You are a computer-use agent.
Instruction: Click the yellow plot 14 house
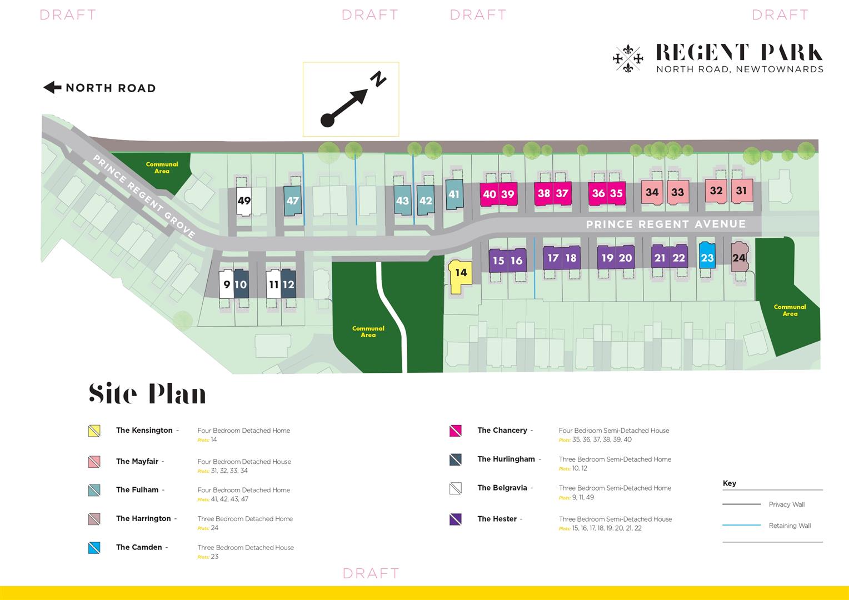pyautogui.click(x=460, y=276)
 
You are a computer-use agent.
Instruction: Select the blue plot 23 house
pyautogui.click(x=707, y=255)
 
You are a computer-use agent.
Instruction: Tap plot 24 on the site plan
pyautogui.click(x=740, y=257)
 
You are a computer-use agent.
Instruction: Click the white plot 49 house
pyautogui.click(x=244, y=201)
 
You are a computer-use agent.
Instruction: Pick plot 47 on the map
pyautogui.click(x=293, y=201)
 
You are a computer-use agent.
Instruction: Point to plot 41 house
pyautogui.click(x=454, y=194)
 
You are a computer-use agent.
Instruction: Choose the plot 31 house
pyautogui.click(x=742, y=191)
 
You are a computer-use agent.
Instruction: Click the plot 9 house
pyautogui.click(x=226, y=284)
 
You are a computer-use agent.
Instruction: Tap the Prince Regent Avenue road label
pyautogui.click(x=666, y=224)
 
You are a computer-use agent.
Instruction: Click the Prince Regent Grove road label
pyautogui.click(x=144, y=196)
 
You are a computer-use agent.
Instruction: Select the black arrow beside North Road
pyautogui.click(x=52, y=88)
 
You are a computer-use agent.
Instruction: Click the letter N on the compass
pyautogui.click(x=378, y=79)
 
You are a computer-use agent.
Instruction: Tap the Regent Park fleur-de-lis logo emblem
pyautogui.click(x=628, y=58)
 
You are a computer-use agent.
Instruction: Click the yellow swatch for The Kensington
pyautogui.click(x=94, y=431)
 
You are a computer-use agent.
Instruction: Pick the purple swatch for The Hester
pyautogui.click(x=455, y=519)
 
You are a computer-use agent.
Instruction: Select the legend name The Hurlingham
pyautogui.click(x=506, y=459)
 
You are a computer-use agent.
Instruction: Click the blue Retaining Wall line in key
pyautogui.click(x=741, y=526)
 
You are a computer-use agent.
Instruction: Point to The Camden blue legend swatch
pyautogui.click(x=94, y=548)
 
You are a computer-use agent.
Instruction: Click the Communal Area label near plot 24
pyautogui.click(x=790, y=310)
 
